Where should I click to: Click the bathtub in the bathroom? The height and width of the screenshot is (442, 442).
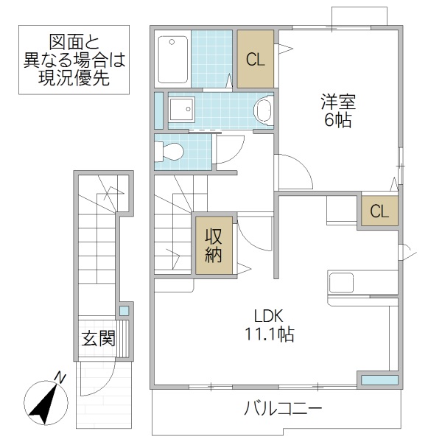coord(174,59)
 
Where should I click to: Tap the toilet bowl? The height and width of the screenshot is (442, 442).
coord(169,152)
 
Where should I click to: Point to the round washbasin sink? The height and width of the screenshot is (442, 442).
coord(262,111)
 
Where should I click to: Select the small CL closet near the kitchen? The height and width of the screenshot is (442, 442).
coord(379,212)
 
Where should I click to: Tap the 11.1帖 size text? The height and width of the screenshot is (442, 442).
coord(270,335)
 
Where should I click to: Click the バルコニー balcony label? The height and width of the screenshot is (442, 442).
coord(282,410)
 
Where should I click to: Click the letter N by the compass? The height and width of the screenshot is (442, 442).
coord(61,379)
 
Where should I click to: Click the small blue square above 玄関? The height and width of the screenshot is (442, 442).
coord(124,311)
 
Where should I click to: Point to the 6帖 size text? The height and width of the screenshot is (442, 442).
coord(338,120)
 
